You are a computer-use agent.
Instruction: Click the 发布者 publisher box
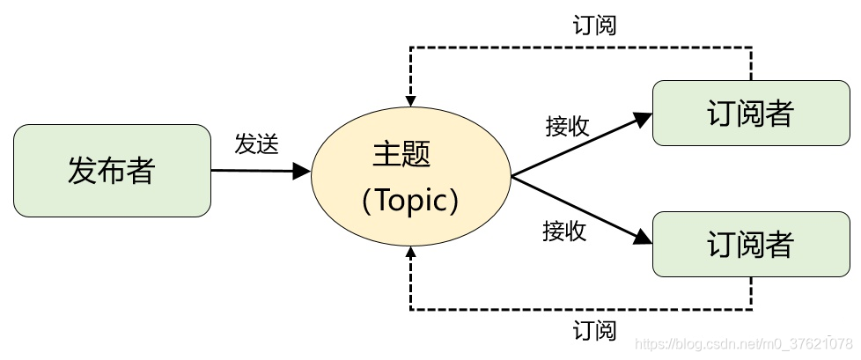pos(112,171)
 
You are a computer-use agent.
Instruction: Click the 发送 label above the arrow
pos(256,144)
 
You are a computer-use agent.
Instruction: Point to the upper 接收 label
pos(567,127)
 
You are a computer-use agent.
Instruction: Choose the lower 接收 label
pos(564,231)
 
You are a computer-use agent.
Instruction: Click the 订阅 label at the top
pos(593,25)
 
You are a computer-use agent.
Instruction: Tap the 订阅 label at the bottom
pos(594,332)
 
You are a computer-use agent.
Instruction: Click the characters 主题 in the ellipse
pos(401,155)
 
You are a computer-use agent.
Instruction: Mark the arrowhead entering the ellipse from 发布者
pos(303,171)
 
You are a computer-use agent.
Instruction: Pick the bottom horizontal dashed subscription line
pos(581,309)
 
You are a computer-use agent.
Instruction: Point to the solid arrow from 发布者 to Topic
pos(255,170)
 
